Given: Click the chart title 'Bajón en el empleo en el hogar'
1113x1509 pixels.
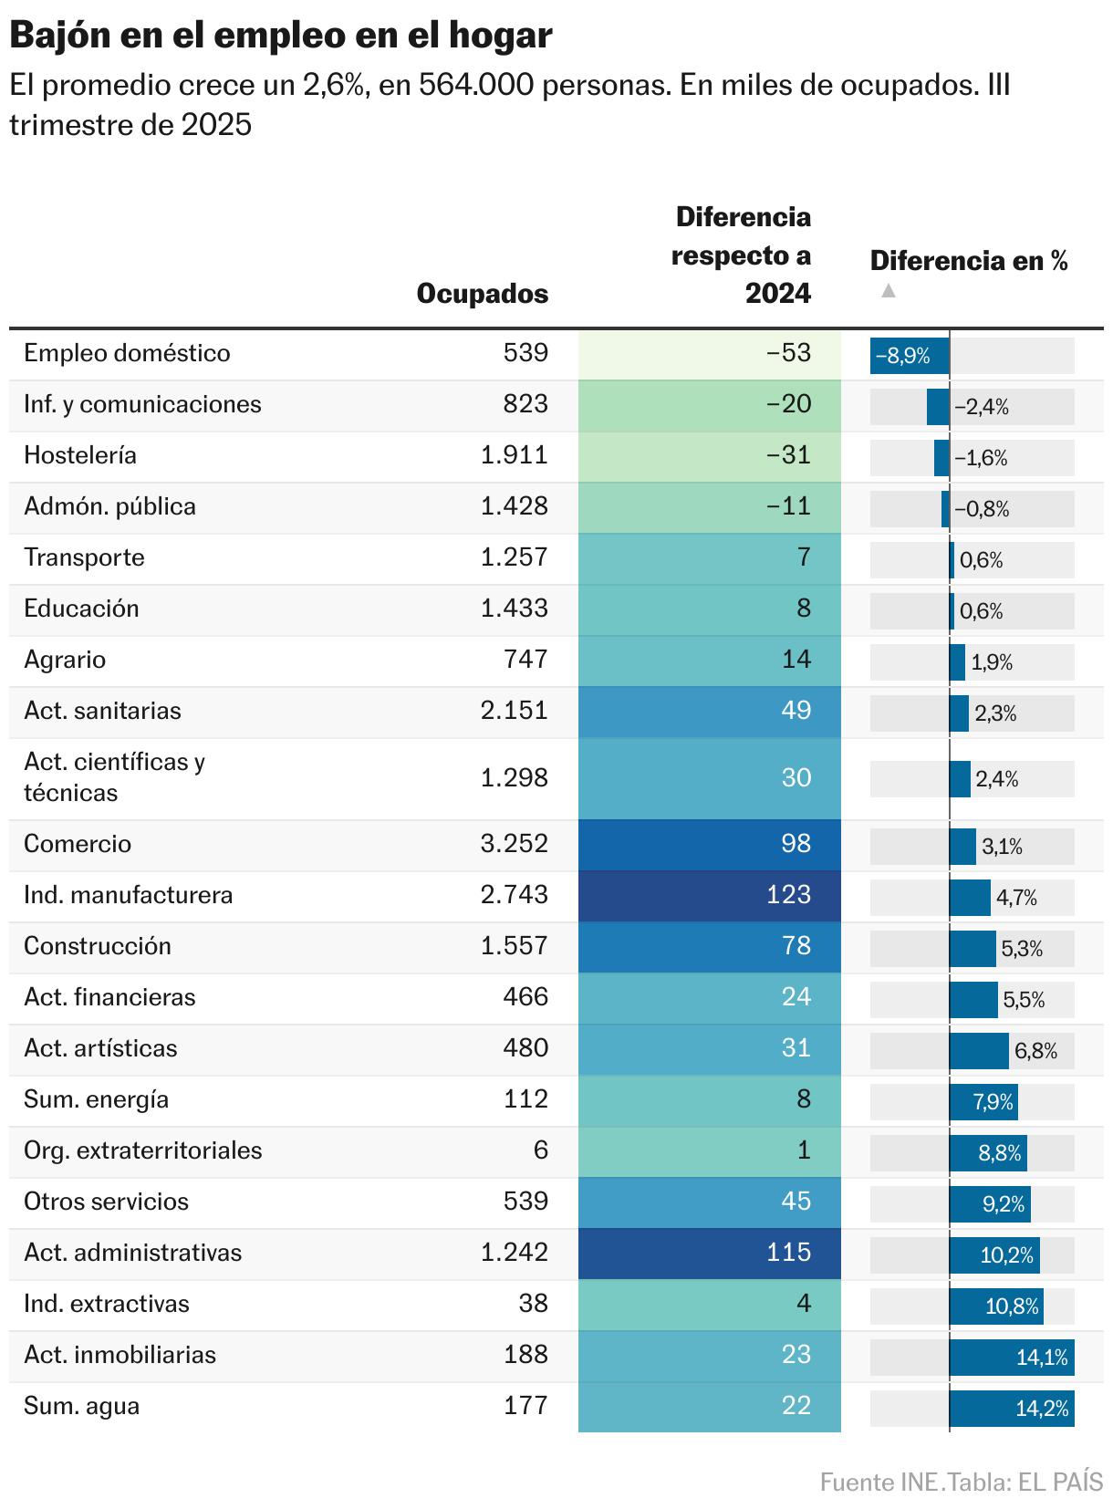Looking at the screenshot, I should [281, 35].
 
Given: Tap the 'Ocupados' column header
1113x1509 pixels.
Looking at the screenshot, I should [482, 294].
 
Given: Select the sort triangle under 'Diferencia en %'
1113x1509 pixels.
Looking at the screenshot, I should [889, 291].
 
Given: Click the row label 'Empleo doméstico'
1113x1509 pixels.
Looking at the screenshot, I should [127, 353].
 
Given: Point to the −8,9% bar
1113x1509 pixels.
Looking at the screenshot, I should [909, 356].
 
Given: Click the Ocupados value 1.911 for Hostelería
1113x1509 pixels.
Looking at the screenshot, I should [515, 455].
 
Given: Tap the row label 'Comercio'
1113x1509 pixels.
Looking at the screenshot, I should [78, 844].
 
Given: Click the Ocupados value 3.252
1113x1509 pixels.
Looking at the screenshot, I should [515, 844].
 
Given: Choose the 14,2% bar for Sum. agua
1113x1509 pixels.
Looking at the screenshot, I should [1011, 1409].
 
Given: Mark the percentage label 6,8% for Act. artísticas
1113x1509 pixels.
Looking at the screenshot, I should [1035, 1052].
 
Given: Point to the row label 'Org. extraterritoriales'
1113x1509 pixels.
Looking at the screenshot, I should [143, 1150].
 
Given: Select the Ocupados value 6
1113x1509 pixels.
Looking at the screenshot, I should [541, 1150].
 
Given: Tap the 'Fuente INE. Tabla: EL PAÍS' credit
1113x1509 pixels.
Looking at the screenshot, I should [961, 1483].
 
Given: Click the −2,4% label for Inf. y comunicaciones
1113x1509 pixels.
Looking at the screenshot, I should [982, 408].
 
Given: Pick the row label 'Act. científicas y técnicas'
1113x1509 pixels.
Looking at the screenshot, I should [115, 777].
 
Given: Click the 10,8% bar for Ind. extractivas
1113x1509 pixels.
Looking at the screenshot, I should [995, 1306].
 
